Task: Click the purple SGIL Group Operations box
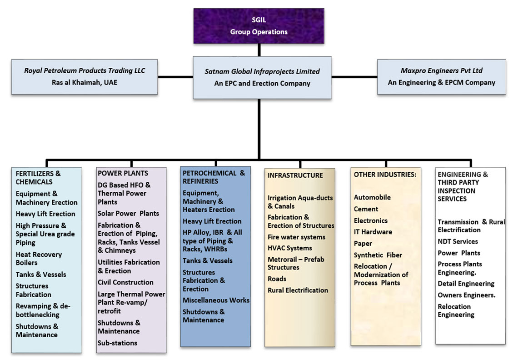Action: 259,26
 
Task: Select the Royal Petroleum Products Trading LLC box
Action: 85,77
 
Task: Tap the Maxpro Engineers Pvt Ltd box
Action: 441,77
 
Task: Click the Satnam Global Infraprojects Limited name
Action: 262,71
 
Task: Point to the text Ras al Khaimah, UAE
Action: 85,83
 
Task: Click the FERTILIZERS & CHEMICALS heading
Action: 38,178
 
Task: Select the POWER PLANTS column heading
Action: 123,173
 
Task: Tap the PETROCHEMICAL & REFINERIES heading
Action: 214,177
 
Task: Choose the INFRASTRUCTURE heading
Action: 295,175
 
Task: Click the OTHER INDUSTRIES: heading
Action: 385,174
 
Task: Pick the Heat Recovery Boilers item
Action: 39,259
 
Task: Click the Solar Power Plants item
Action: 129,213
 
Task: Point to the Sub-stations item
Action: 117,343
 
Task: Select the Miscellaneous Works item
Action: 216,300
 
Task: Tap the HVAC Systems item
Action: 290,248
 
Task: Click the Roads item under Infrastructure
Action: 277,279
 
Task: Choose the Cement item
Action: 366,209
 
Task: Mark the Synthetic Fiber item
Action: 378,255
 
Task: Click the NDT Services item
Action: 458,241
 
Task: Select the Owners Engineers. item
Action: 467,295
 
